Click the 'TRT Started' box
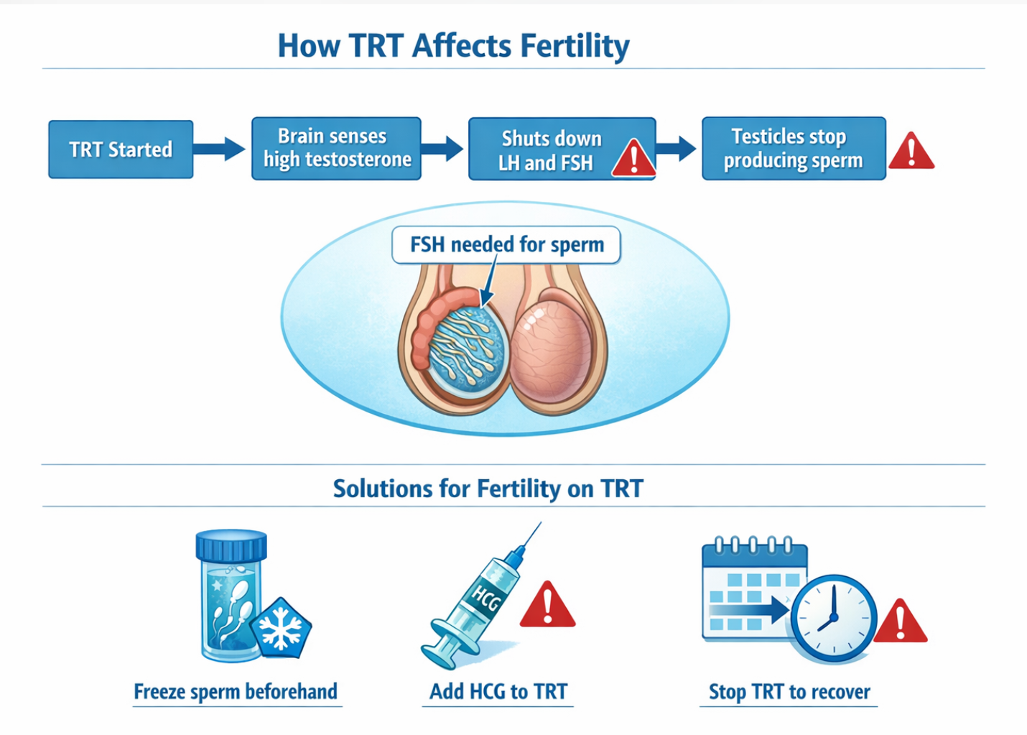point(121,149)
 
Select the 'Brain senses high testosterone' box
point(337,149)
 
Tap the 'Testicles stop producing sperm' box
point(794,149)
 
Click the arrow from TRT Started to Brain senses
point(219,149)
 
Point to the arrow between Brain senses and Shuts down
point(442,149)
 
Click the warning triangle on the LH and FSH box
point(633,158)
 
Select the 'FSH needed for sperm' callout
point(506,245)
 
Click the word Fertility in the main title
point(575,47)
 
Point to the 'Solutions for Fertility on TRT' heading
point(488,488)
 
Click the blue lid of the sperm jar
point(231,545)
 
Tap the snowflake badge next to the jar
point(281,627)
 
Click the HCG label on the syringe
point(486,598)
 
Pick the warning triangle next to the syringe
point(547,605)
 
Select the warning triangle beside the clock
point(901,621)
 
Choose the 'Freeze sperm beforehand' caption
point(236,692)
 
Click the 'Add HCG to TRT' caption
point(498,692)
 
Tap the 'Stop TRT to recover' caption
point(789,692)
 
